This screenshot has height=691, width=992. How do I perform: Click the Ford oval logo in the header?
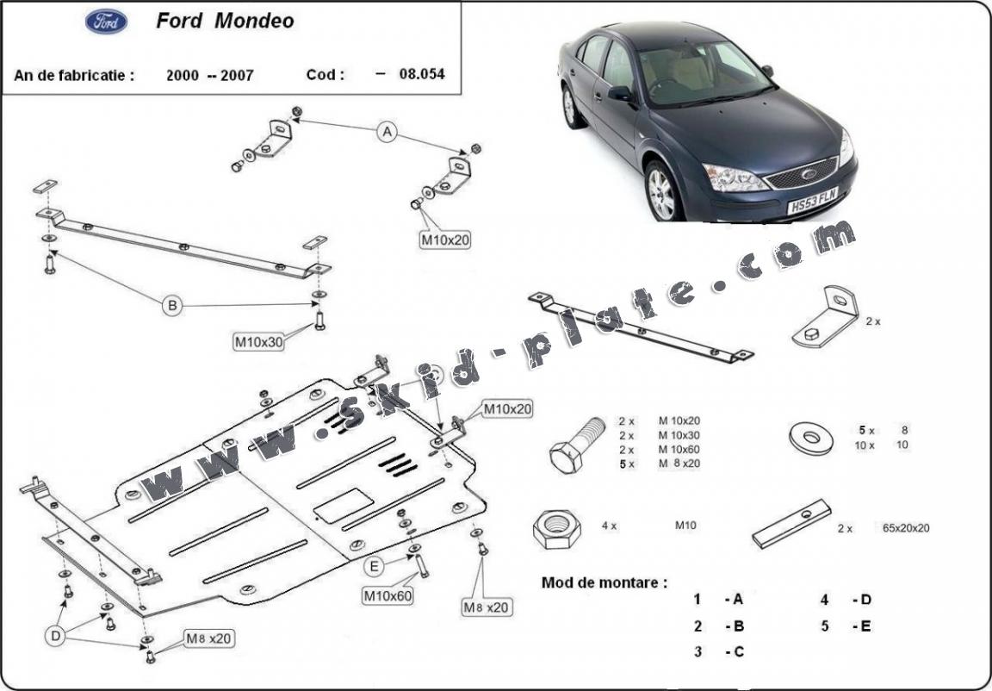coord(106,21)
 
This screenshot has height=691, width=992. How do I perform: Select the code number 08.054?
coord(422,74)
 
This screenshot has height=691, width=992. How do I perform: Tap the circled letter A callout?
coord(387,132)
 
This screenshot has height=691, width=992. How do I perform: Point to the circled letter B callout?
coord(172,304)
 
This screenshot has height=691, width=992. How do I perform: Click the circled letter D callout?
coord(55,637)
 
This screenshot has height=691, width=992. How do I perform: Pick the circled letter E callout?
coord(375,566)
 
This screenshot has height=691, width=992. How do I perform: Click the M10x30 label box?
coord(259,341)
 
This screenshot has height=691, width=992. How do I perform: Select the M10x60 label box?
coord(387,595)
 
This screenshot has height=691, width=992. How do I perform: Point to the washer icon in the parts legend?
coord(810,438)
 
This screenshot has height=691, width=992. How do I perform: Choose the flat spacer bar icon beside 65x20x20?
coord(791,523)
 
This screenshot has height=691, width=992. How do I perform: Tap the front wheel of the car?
coord(661,192)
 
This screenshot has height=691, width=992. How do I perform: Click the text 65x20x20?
coord(905,528)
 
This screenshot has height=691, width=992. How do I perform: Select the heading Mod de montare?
coord(604,582)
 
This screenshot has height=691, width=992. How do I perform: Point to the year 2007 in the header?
coord(237,75)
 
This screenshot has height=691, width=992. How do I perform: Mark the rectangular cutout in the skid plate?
coord(343,505)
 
